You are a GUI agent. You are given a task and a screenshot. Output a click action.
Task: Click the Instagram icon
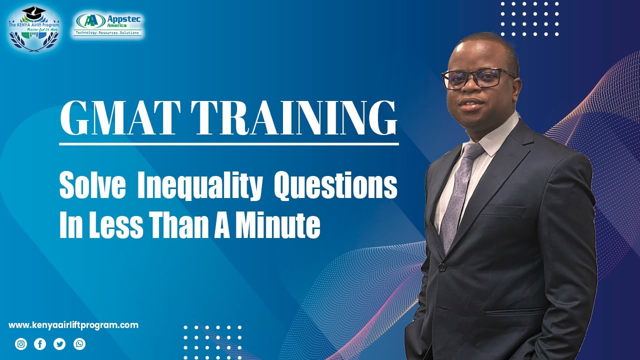click(21, 344)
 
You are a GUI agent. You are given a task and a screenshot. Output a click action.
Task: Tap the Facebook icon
click(40, 344)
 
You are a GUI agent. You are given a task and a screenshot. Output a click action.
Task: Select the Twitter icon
click(59, 344)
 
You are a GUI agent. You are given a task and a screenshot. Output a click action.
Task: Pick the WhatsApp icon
click(79, 344)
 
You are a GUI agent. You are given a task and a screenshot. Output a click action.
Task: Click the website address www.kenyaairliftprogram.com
click(73, 325)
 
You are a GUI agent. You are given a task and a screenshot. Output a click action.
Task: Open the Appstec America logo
click(109, 25)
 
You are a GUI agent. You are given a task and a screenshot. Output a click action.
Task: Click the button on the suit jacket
click(442, 267)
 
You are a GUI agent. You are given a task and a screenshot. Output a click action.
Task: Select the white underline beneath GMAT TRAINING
click(229, 144)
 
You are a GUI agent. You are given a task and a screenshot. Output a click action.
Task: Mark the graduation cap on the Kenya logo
click(34, 11)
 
